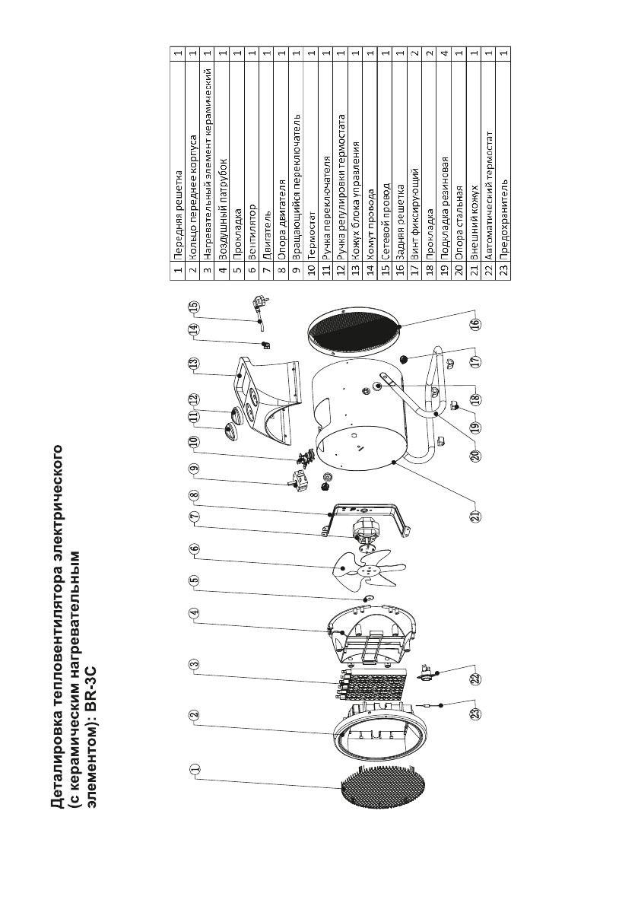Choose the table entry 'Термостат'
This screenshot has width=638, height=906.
[x=313, y=243]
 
